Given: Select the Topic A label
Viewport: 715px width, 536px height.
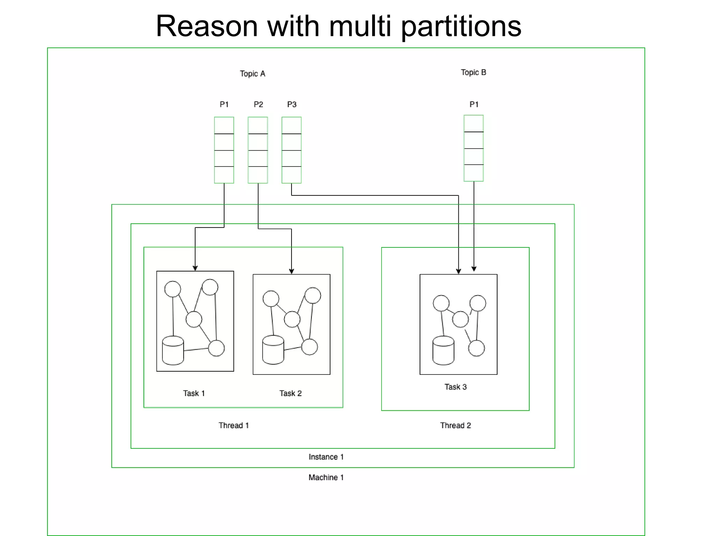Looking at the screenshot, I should pyautogui.click(x=252, y=74).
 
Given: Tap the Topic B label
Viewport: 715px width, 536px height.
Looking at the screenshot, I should pyautogui.click(x=473, y=72).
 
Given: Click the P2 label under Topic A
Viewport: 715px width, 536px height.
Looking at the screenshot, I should pyautogui.click(x=258, y=104).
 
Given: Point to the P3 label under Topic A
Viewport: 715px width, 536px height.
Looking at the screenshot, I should pyautogui.click(x=292, y=104).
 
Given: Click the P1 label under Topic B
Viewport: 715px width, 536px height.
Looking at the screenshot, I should pyautogui.click(x=474, y=104).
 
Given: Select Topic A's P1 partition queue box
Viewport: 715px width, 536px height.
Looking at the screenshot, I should pyautogui.click(x=224, y=150).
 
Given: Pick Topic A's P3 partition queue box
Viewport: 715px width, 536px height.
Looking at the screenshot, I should pyautogui.click(x=292, y=150).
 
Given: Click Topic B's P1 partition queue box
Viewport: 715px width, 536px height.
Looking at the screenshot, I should pyautogui.click(x=474, y=148).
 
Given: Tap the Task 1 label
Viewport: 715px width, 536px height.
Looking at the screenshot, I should pyautogui.click(x=194, y=393).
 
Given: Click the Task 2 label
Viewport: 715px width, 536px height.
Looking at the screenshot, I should pyautogui.click(x=290, y=393).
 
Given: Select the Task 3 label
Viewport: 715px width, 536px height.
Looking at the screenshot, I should pyautogui.click(x=456, y=387).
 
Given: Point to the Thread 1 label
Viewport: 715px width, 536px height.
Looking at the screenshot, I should pyautogui.click(x=234, y=425).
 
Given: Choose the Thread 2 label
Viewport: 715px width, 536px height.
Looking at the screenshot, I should pyautogui.click(x=456, y=425).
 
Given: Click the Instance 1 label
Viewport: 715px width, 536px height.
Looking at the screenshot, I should pyautogui.click(x=326, y=457).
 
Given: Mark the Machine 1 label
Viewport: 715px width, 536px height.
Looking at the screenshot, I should pyautogui.click(x=326, y=477).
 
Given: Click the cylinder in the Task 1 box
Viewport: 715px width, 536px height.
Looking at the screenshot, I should pyautogui.click(x=173, y=351).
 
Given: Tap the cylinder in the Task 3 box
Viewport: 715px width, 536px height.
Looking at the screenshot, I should pyautogui.click(x=443, y=351).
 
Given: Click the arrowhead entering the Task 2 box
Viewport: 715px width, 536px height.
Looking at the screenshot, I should pyautogui.click(x=292, y=271).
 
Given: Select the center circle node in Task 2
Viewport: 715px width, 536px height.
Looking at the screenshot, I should pyautogui.click(x=292, y=319).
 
